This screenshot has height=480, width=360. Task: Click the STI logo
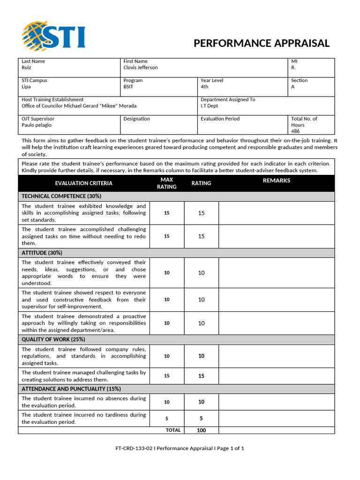pyautogui.click(x=53, y=36)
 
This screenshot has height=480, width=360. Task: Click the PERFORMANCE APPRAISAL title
pyautogui.click(x=262, y=44)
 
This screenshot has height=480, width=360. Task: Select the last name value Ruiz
pyautogui.click(x=27, y=67)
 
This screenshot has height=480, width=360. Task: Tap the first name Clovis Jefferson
pyautogui.click(x=141, y=67)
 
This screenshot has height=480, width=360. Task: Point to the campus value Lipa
pyautogui.click(x=26, y=87)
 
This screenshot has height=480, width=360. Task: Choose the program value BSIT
pyautogui.click(x=128, y=87)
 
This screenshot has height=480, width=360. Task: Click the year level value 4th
pyautogui.click(x=204, y=87)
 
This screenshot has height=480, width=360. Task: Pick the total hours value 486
pyautogui.click(x=295, y=131)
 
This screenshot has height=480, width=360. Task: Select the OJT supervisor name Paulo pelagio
pyautogui.click(x=37, y=125)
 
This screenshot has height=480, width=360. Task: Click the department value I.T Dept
pyautogui.click(x=210, y=106)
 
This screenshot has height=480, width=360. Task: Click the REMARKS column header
pyautogui.click(x=276, y=180)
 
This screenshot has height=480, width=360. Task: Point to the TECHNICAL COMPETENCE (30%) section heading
pyautogui.click(x=61, y=196)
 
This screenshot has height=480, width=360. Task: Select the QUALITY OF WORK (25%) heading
pyautogui.click(x=53, y=339)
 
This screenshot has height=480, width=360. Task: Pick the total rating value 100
pyautogui.click(x=201, y=430)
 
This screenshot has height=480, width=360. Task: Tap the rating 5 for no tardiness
pyautogui.click(x=201, y=419)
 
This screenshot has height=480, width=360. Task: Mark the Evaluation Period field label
pyautogui.click(x=220, y=119)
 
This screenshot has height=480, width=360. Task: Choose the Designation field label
pyautogui.click(x=136, y=119)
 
